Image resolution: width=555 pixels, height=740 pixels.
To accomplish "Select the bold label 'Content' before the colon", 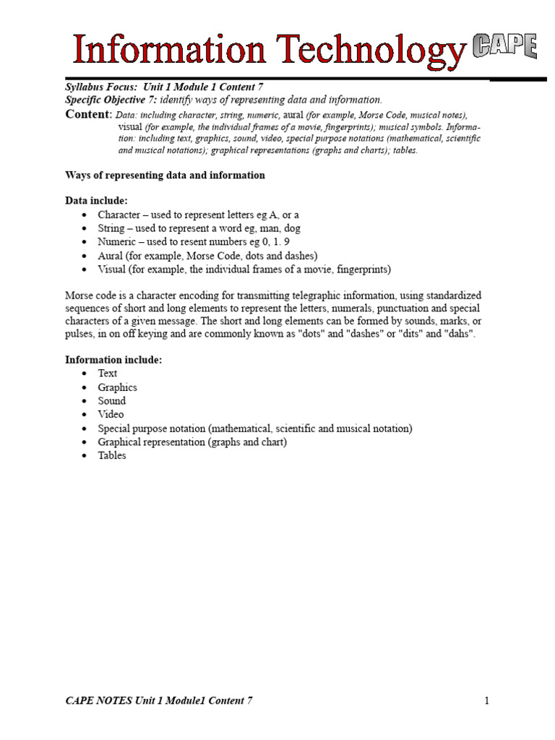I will pos(87,115).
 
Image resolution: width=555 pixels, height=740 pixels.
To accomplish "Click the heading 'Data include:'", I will pos(96,200).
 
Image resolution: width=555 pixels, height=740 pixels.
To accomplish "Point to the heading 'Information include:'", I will pos(114,359).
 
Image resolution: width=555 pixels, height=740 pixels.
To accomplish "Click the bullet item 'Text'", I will pos(108,373).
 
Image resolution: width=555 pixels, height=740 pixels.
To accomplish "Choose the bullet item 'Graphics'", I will pos(118,387).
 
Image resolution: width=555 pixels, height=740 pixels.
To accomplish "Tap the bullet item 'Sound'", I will pos(112,401).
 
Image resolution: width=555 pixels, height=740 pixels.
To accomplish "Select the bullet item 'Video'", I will pos(111,415).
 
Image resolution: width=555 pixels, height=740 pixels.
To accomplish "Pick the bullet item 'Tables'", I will pos(112,456).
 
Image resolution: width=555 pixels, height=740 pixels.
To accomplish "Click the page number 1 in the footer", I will pos(487,700).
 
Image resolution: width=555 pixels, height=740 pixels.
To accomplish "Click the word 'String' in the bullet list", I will pos(111,228).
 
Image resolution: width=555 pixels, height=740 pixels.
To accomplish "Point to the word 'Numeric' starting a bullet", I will pos(116,242).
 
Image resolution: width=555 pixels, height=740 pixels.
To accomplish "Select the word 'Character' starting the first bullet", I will pos(119,215).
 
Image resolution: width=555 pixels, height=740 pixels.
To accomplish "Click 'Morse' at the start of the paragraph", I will pos(79,296).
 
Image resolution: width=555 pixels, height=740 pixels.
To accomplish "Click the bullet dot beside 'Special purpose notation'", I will pos(85,429).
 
